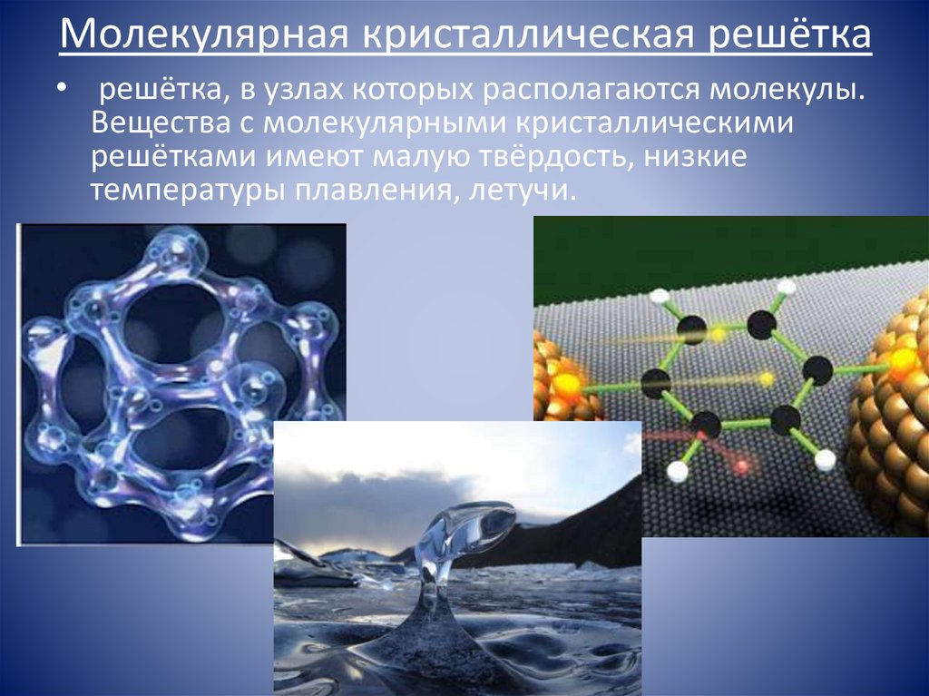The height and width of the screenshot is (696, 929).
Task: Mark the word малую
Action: (418, 156)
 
